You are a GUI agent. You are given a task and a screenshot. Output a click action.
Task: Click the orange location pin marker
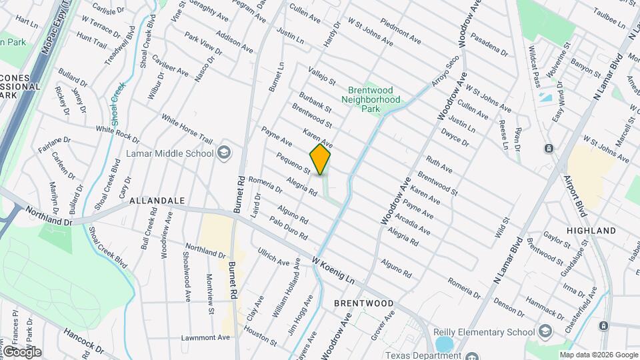pyautogui.click(x=321, y=159)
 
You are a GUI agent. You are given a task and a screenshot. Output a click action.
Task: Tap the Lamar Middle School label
pyautogui.click(x=170, y=153)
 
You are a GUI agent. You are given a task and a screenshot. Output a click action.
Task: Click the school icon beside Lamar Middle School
pyautogui.click(x=225, y=153)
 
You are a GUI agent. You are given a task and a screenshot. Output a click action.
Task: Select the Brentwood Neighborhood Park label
pyautogui.click(x=371, y=95)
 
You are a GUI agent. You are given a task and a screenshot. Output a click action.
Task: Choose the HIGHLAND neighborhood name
pyautogui.click(x=591, y=230)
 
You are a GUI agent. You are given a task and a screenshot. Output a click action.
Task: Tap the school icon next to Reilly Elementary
pyautogui.click(x=545, y=331)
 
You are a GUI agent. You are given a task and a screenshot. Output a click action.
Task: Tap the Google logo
pyautogui.click(x=21, y=351)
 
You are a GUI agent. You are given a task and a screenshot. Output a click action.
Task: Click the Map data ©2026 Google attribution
pyautogui.click(x=598, y=354)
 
